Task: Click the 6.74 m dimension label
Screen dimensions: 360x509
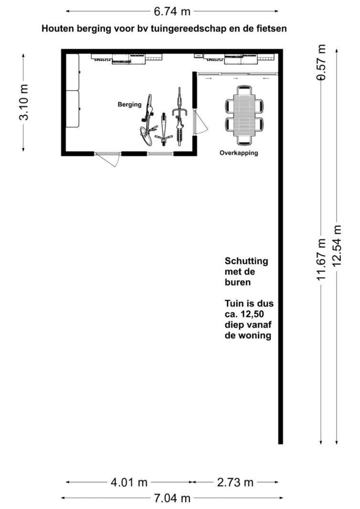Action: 172,11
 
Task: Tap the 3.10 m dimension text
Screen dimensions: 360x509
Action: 24,102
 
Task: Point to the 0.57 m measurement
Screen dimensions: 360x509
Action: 321,62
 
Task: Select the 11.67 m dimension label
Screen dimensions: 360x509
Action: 321,260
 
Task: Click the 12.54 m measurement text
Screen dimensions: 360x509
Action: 337,246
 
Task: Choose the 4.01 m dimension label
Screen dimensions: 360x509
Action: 129,482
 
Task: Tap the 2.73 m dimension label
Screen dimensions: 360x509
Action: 235,482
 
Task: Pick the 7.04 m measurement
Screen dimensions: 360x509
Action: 172,498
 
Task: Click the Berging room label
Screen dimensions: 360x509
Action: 130,104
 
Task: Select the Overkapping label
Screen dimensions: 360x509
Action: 239,153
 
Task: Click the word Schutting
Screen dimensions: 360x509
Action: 246,261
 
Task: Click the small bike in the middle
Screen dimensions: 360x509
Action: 163,129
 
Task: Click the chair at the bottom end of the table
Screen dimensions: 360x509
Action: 244,141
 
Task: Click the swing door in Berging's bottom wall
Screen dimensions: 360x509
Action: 107,158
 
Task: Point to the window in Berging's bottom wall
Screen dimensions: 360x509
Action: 160,154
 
